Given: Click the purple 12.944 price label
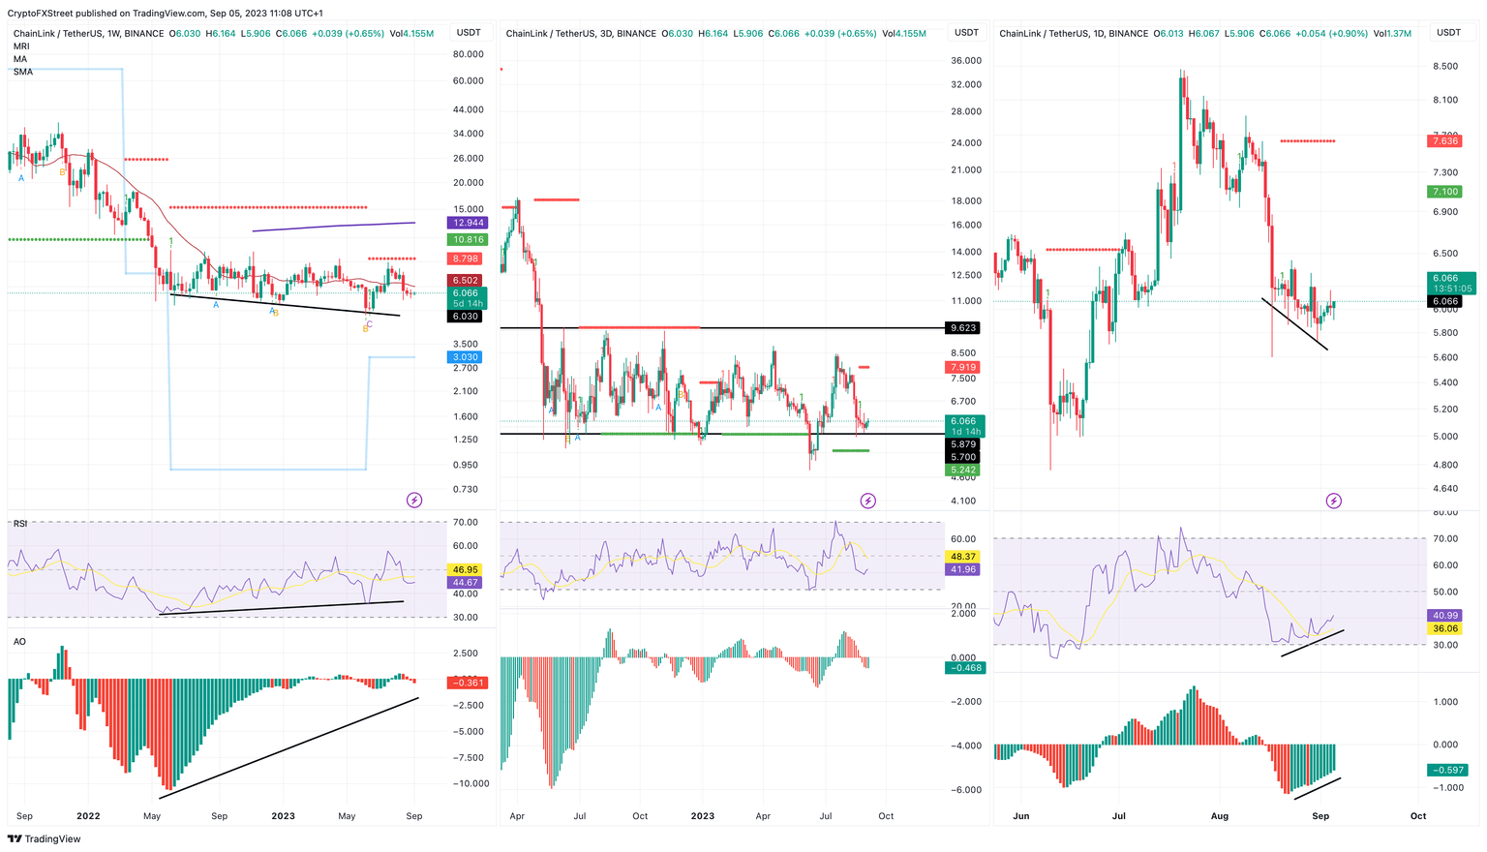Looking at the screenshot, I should pos(468,223).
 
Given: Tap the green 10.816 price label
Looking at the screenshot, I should pos(468,239).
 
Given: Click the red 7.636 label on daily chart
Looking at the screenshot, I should pos(1443,141).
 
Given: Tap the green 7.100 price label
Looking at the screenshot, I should pos(1443,192).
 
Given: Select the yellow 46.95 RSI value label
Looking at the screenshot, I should pos(466,570).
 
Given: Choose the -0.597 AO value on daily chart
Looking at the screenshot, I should pos(1443,771).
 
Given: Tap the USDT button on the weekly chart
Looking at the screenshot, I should pos(469,33).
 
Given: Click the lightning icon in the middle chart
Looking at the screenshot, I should pos(867,501).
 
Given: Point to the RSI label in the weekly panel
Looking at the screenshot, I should pos(20,524).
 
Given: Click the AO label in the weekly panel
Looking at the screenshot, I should pos(19,642).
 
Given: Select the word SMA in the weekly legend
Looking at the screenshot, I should pos(23,72).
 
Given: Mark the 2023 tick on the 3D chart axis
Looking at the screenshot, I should pos(702,816).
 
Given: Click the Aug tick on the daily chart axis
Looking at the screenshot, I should pos(1219,816).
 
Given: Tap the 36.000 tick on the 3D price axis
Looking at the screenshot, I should pos(966,60).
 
